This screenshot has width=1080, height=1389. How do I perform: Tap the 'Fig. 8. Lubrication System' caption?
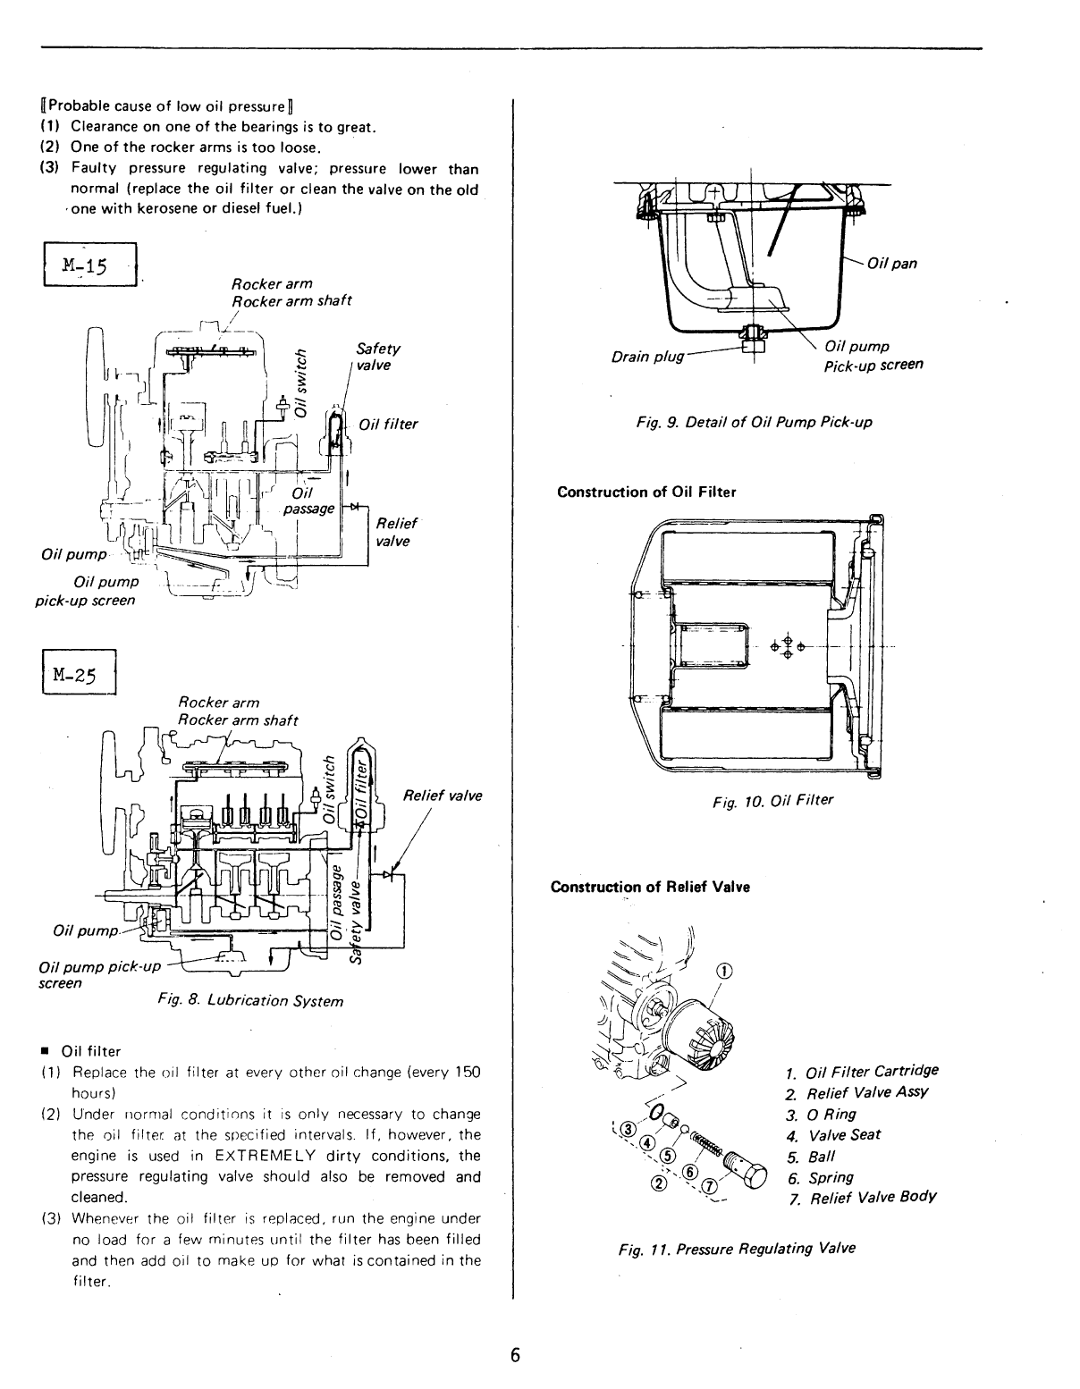pyautogui.click(x=249, y=1000)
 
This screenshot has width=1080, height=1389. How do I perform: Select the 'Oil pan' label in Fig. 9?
pyautogui.click(x=891, y=263)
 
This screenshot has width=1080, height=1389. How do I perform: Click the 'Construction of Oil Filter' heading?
pyautogui.click(x=646, y=492)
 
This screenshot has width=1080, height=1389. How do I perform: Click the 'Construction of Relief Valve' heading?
pyautogui.click(x=650, y=887)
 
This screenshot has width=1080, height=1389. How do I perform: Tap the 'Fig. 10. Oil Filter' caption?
pyautogui.click(x=772, y=800)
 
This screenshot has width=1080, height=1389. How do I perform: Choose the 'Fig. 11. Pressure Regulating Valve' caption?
pyautogui.click(x=737, y=1248)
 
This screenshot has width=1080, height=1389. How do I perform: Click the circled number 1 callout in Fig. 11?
pyautogui.click(x=724, y=972)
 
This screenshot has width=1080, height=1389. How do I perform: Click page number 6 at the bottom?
pyautogui.click(x=515, y=1354)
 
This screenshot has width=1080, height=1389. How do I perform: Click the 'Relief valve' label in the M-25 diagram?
pyautogui.click(x=442, y=796)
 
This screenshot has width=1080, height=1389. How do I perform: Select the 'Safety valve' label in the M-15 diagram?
pyautogui.click(x=377, y=357)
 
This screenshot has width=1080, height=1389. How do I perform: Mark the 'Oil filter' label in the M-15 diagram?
pyautogui.click(x=388, y=424)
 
